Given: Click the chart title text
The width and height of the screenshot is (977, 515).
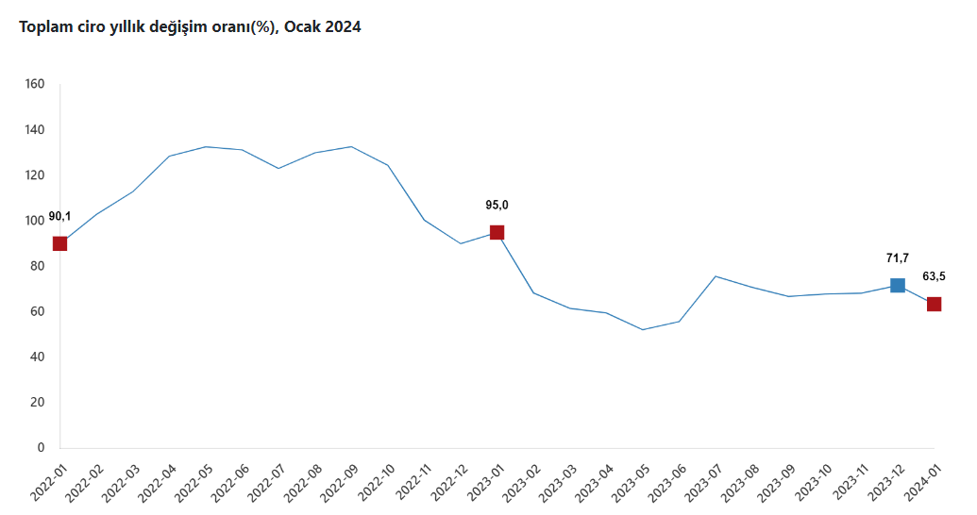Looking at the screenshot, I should tap(190, 27).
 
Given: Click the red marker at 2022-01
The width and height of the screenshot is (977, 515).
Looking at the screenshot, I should tap(60, 243).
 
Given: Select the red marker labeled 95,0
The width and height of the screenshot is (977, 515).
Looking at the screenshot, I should tap(497, 232).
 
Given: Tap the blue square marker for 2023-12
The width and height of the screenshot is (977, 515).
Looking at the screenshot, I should tap(898, 285).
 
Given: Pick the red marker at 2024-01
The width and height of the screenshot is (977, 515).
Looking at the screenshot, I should tap(934, 304).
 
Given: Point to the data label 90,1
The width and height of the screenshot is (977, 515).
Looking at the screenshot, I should tap(59, 216).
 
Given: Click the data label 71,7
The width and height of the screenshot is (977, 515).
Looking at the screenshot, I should tap(897, 257).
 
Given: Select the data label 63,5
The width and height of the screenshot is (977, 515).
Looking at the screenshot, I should tap(934, 276).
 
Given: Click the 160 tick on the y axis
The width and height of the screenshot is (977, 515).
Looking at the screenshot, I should tap(35, 84).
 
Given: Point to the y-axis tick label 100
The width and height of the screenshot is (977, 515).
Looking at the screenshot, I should tap(35, 221).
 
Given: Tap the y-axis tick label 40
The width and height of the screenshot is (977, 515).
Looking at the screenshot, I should tap(38, 357).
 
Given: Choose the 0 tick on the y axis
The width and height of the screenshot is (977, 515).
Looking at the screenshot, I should tap(41, 447).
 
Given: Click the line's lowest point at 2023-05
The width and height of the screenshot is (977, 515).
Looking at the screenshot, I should tap(643, 329).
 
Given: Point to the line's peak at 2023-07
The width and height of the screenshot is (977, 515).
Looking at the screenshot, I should tap(716, 276).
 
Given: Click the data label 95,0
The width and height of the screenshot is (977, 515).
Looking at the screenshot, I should tap(497, 205).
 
